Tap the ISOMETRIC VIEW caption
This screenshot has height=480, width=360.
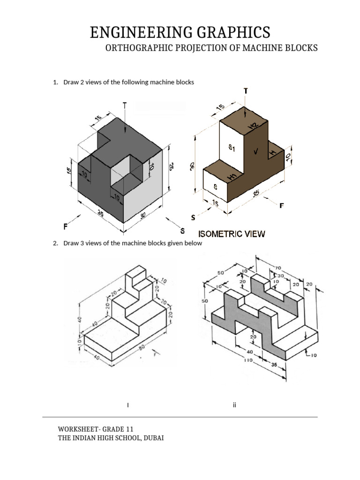(x=232, y=233)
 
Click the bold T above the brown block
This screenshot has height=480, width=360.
(x=246, y=90)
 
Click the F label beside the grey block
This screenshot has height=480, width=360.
(x=67, y=226)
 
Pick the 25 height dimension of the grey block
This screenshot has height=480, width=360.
(x=172, y=167)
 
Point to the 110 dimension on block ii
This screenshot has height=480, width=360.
(x=248, y=360)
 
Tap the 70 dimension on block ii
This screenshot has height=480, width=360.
(x=278, y=268)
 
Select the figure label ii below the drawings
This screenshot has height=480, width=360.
(x=233, y=405)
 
